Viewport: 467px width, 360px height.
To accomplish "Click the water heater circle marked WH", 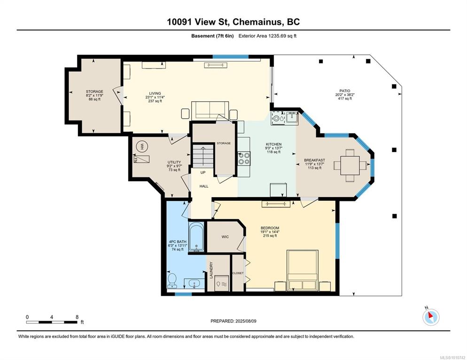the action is [x=142, y=146].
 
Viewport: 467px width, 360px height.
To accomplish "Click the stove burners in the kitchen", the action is [x=244, y=158].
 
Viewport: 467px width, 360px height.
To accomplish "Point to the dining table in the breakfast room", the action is [x=350, y=165].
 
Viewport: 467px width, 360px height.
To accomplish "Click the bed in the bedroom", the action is [x=302, y=270].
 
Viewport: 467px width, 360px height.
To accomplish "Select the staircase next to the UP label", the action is [x=203, y=156].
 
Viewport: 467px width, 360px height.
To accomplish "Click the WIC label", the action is [x=225, y=237].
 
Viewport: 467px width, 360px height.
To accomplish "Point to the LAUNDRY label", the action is [x=211, y=270].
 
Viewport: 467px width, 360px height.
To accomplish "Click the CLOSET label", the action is [x=238, y=273].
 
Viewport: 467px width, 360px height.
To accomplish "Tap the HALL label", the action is [x=204, y=186].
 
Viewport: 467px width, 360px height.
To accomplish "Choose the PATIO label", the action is [x=344, y=91].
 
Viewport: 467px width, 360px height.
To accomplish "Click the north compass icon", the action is [x=431, y=317].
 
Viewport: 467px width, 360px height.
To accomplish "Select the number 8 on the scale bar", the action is [x=77, y=317].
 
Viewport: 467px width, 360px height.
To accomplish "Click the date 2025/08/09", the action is [x=246, y=321].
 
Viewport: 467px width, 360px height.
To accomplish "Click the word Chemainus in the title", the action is [x=257, y=22].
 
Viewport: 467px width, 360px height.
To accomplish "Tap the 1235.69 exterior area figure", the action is [x=277, y=36].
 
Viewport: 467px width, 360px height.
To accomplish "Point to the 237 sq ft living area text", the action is [x=155, y=101].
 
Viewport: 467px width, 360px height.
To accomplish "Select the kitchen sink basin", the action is [x=292, y=118].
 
